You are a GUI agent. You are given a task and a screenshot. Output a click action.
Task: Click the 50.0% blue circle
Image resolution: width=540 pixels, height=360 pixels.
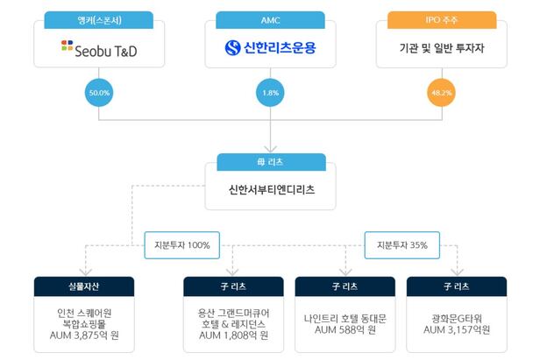coord(98,90)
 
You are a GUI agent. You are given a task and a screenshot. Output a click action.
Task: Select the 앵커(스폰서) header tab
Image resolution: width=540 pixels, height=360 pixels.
coord(98,17)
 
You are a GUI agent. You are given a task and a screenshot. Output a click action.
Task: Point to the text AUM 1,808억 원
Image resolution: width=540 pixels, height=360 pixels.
coord(233,335)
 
